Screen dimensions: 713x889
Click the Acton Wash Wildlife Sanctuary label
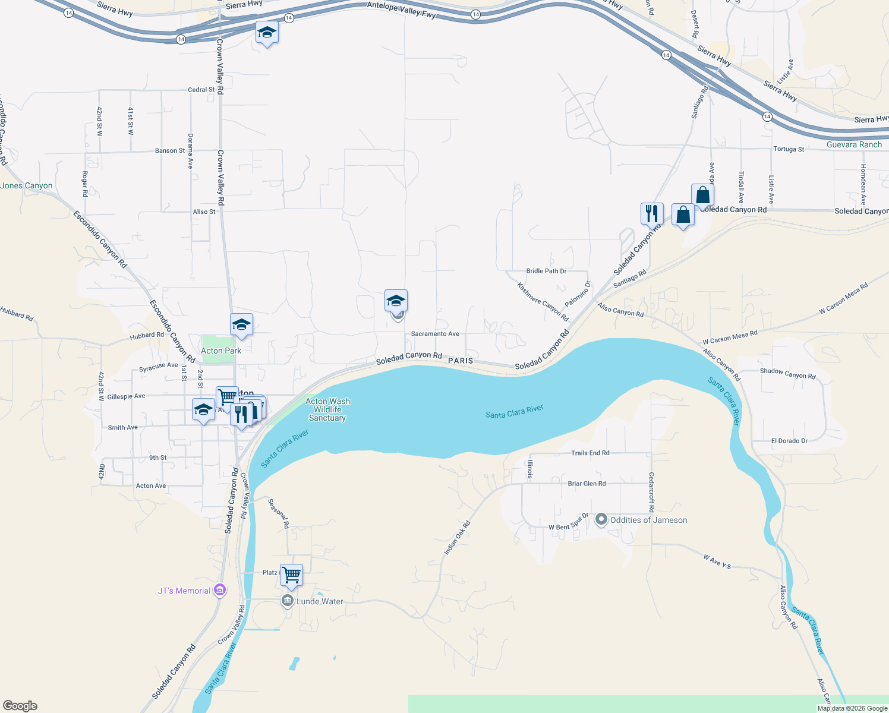click(327, 409)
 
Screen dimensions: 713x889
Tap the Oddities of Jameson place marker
click(601, 520)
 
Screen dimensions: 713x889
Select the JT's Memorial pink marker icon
click(220, 590)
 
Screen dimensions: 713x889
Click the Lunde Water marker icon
click(288, 601)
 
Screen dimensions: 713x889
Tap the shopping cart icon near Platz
click(291, 575)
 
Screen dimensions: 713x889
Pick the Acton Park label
click(221, 351)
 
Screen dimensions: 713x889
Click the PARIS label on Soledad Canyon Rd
click(461, 361)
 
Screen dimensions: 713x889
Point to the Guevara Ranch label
click(854, 144)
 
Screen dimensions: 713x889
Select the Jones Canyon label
click(27, 185)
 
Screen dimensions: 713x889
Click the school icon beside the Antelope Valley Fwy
click(267, 33)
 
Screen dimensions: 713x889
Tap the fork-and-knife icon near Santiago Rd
click(652, 213)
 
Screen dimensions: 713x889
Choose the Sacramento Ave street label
click(435, 334)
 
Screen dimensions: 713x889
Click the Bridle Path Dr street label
click(546, 271)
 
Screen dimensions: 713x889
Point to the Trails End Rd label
click(590, 453)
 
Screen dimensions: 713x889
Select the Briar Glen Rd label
click(587, 484)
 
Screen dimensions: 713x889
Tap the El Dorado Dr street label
click(789, 441)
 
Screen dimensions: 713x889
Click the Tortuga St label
click(789, 149)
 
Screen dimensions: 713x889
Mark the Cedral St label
click(201, 90)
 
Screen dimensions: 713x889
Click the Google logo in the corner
click(20, 706)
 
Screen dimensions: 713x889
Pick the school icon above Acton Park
click(241, 325)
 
